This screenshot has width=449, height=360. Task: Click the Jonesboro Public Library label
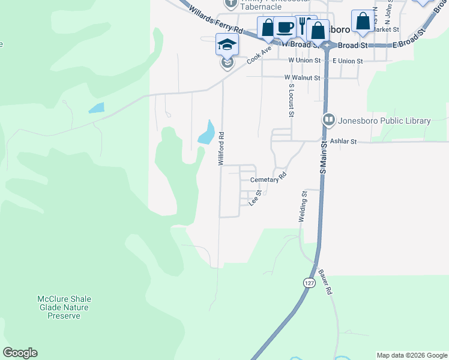[x=385, y=121]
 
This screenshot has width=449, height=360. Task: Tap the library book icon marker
[x=328, y=120]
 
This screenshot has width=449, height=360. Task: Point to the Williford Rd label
[x=221, y=149]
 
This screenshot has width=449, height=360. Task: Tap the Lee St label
[x=255, y=197]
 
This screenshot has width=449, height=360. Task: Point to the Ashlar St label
[x=344, y=142]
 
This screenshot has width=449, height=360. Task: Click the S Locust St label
[x=291, y=100]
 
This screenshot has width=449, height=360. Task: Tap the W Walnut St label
[x=303, y=77]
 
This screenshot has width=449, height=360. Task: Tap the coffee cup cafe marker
[x=285, y=28]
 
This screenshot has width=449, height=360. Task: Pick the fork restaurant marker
[x=304, y=25]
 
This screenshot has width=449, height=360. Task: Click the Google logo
[x=20, y=353]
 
